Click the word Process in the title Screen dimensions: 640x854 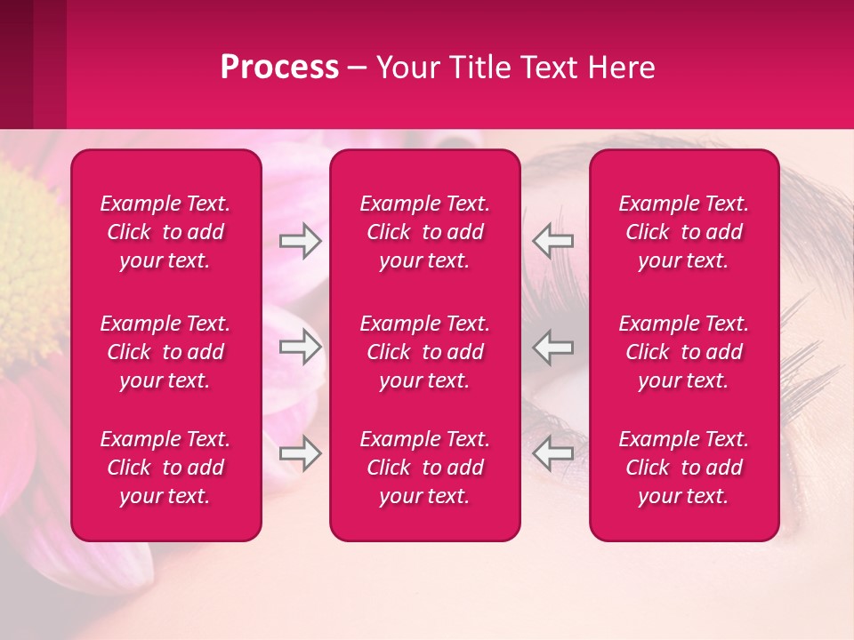click(279, 68)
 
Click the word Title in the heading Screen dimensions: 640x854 click(476, 68)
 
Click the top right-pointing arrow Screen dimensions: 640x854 click(300, 241)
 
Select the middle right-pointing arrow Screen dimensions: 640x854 click(300, 347)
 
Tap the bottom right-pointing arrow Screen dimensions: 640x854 click(300, 453)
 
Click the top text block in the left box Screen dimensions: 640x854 click(165, 232)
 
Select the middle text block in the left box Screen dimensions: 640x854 click(165, 352)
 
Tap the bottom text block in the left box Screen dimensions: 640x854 click(165, 468)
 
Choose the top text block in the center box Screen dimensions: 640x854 click(425, 232)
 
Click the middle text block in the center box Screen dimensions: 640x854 click(425, 352)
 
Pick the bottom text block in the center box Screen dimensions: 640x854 click(425, 468)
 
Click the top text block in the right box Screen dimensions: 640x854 click(684, 232)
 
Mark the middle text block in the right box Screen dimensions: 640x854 click(684, 352)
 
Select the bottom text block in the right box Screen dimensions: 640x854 click(684, 468)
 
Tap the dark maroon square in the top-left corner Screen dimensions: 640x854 click(16, 62)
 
